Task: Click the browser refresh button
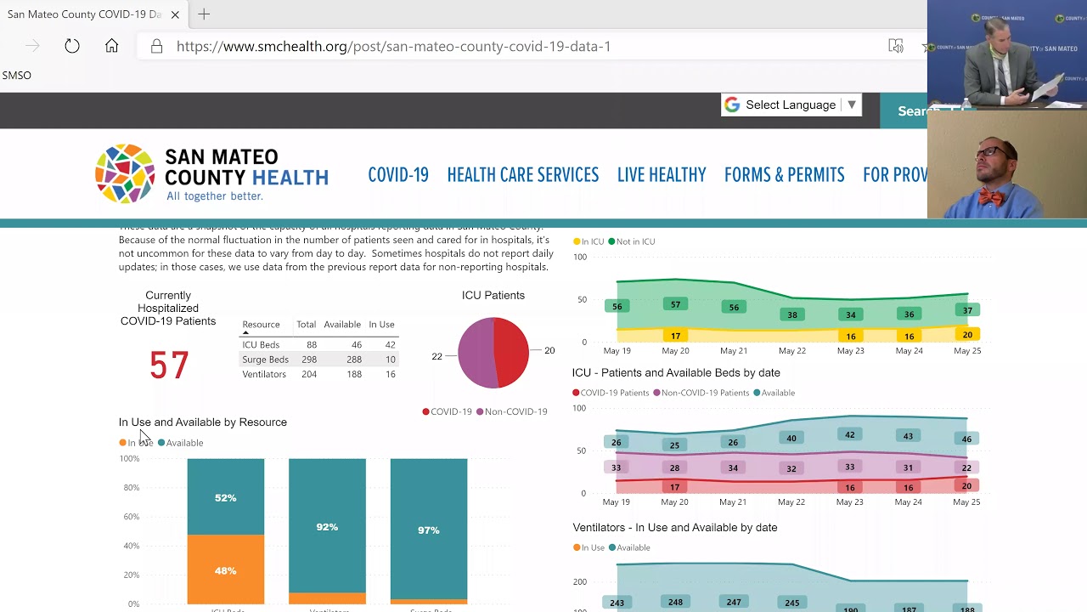(72, 46)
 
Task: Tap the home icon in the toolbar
(111, 46)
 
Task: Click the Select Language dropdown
(791, 105)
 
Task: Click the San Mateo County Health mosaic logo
(125, 173)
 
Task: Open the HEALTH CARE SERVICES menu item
(522, 175)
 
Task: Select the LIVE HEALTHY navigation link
(662, 175)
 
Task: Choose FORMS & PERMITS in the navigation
(784, 175)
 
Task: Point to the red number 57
(169, 365)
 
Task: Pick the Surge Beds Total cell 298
(308, 360)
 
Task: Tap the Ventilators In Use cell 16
(390, 374)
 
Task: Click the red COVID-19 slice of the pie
(511, 352)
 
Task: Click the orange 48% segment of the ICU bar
(225, 570)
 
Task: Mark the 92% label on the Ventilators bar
(327, 527)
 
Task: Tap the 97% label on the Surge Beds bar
(428, 530)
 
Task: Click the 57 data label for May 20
(675, 304)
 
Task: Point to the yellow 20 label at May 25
(966, 335)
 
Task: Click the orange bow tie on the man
(990, 197)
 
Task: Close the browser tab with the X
(175, 14)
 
